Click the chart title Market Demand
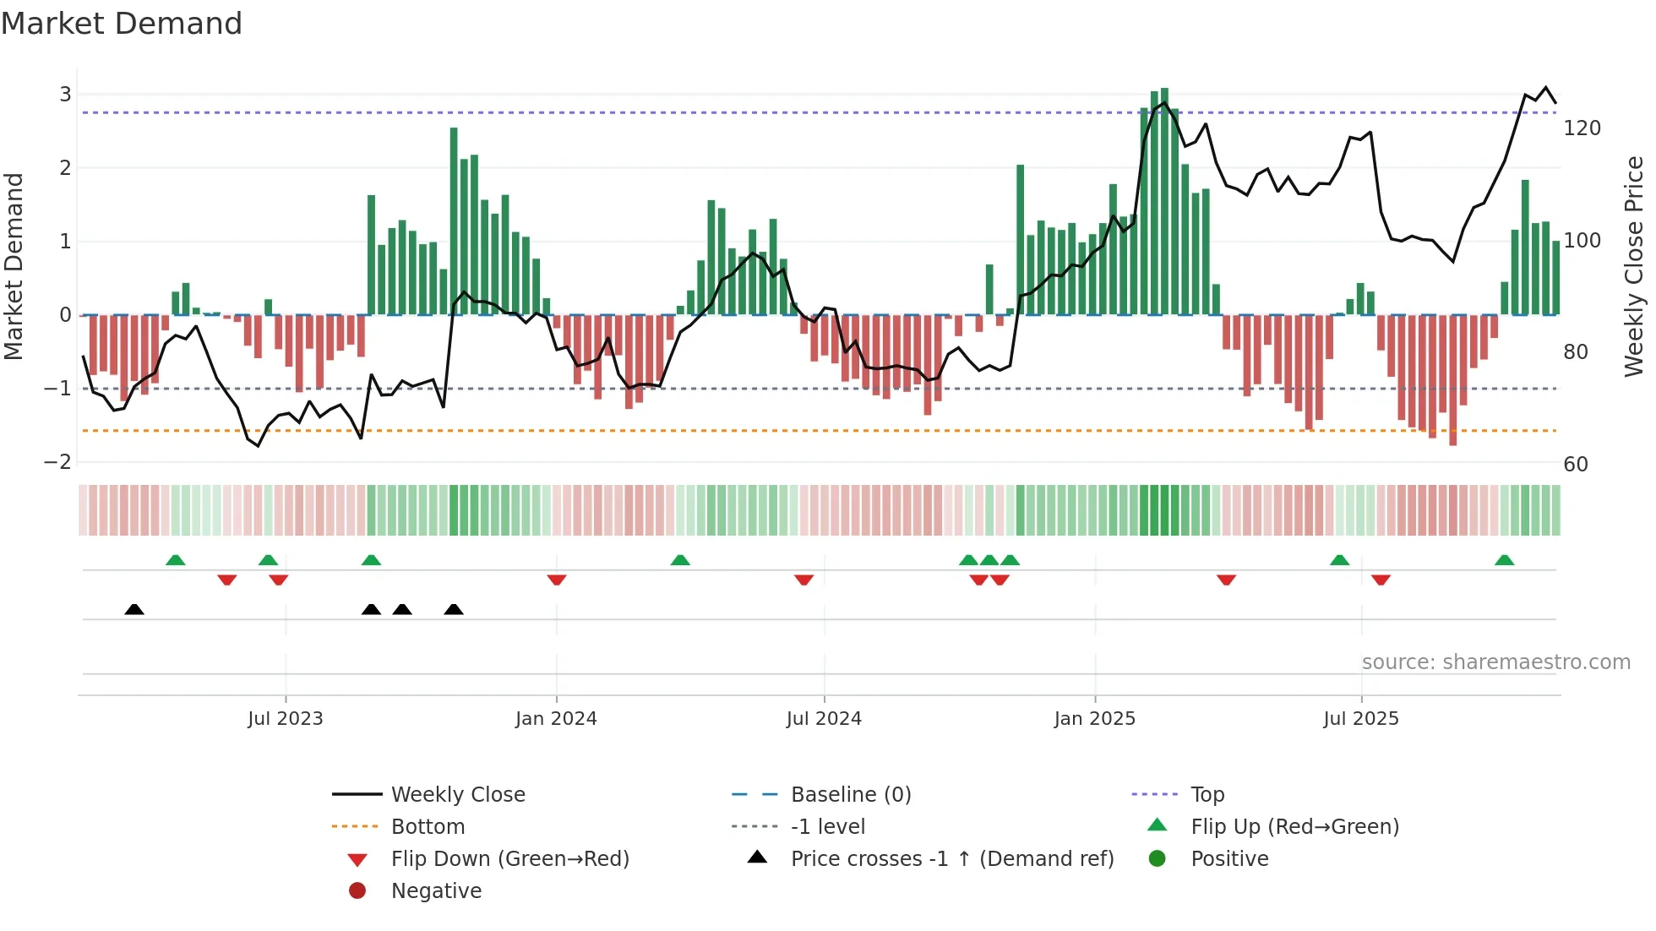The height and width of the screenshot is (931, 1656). pyautogui.click(x=122, y=24)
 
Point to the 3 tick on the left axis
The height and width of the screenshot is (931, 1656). pyautogui.click(x=65, y=94)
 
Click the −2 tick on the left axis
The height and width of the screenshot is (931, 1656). pyautogui.click(x=58, y=461)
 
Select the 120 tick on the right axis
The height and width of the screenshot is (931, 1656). pyautogui.click(x=1582, y=128)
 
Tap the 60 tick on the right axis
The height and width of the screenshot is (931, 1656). pyautogui.click(x=1575, y=464)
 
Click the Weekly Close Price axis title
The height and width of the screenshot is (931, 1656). pyautogui.click(x=1634, y=266)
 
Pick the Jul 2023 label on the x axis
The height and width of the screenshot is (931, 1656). pyautogui.click(x=286, y=719)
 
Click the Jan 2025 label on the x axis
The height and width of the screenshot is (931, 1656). pyautogui.click(x=1095, y=719)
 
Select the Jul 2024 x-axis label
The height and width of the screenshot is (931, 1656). pyautogui.click(x=824, y=719)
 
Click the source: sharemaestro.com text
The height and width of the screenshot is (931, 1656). pyautogui.click(x=1495, y=662)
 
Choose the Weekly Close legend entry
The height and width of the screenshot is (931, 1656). pyautogui.click(x=457, y=795)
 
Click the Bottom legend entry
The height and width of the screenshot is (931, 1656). pyautogui.click(x=428, y=827)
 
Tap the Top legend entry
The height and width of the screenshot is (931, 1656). pyautogui.click(x=1207, y=795)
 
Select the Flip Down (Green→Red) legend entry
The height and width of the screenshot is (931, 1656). pyautogui.click(x=509, y=859)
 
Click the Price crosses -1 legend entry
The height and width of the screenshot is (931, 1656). pyautogui.click(x=951, y=859)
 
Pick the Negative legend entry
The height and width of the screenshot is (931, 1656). pyautogui.click(x=436, y=891)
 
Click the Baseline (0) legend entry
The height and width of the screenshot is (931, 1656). pyautogui.click(x=850, y=795)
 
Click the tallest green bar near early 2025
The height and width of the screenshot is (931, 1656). pyautogui.click(x=1164, y=203)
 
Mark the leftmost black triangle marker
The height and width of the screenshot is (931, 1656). pyautogui.click(x=134, y=609)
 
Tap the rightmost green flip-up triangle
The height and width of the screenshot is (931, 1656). pyautogui.click(x=1504, y=560)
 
